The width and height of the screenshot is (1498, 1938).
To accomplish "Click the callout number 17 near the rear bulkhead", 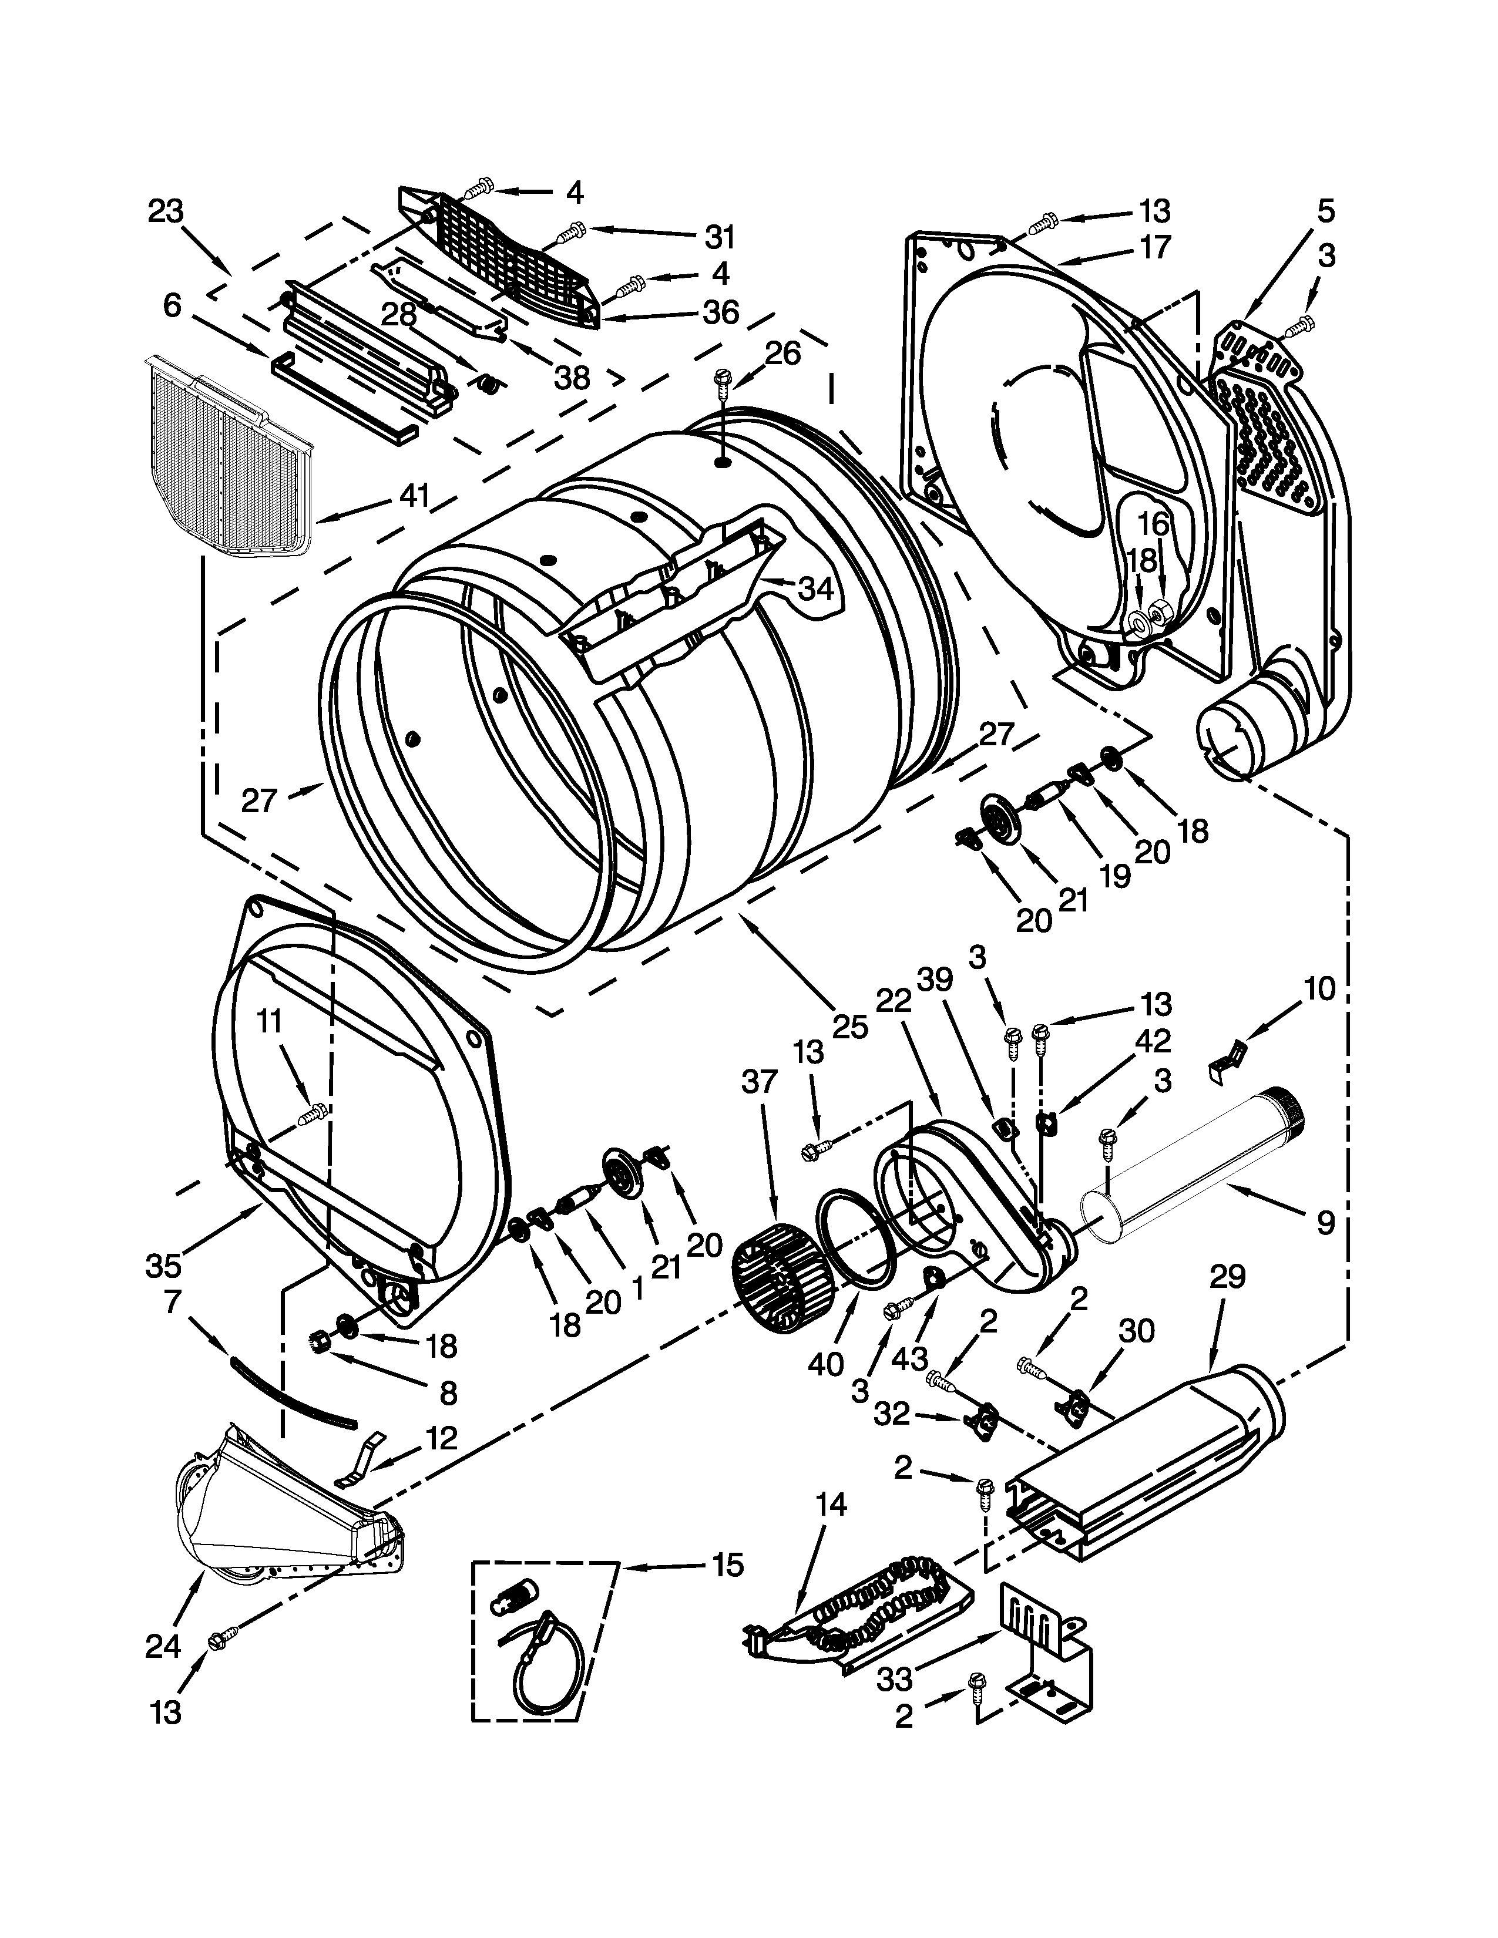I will click(x=1156, y=247).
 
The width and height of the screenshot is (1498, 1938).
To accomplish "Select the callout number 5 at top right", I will click(x=1325, y=211).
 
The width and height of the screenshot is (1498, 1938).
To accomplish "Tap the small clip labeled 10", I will click(x=1227, y=1061).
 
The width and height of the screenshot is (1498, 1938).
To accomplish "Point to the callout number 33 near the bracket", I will click(x=896, y=1679).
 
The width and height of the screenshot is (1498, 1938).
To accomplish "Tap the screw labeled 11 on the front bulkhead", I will click(x=313, y=1113).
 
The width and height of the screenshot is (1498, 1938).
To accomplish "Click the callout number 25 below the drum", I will click(x=849, y=1027).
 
